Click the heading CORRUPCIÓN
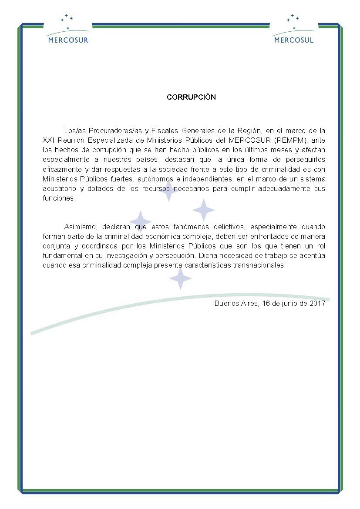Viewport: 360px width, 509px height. (191, 97)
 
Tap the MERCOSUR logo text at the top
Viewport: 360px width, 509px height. (67, 40)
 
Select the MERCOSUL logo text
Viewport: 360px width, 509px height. (294, 40)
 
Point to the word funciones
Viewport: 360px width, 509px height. (59, 198)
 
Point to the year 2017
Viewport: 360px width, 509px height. (318, 304)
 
